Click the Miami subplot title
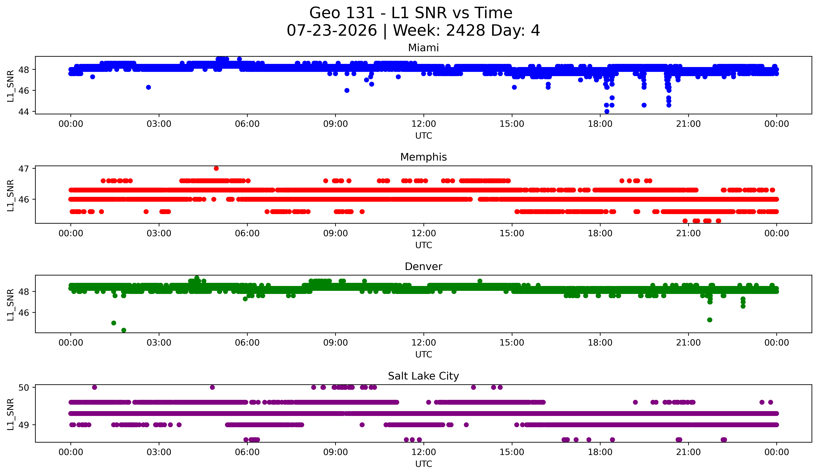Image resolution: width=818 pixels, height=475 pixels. click(x=423, y=48)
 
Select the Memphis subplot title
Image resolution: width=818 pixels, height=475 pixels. click(x=423, y=157)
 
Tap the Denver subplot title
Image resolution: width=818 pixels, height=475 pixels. click(x=423, y=267)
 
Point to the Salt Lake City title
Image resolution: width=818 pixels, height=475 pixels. click(x=423, y=376)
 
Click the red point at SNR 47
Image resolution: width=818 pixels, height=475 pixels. click(x=216, y=169)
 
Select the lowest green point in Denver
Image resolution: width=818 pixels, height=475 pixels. click(x=124, y=330)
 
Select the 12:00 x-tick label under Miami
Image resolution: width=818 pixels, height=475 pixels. click(x=424, y=124)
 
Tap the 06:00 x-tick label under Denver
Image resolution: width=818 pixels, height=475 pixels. click(x=247, y=343)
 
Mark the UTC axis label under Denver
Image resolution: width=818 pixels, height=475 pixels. click(x=424, y=355)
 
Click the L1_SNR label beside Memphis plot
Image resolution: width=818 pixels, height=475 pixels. click(x=10, y=195)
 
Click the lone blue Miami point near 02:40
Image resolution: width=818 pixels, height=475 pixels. click(x=148, y=87)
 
